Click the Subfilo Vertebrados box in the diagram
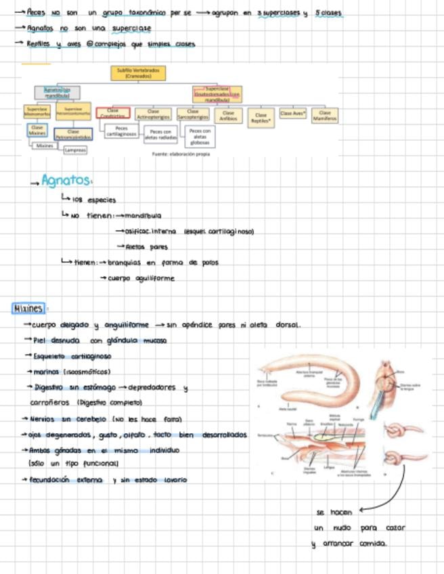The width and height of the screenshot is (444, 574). click(x=138, y=72)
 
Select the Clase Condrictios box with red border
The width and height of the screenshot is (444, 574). click(x=113, y=114)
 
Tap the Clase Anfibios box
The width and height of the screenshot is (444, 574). click(x=228, y=115)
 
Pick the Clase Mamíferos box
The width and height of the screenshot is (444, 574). click(x=325, y=116)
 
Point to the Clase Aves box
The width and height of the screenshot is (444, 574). click(x=292, y=114)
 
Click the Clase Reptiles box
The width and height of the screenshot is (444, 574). click(x=261, y=118)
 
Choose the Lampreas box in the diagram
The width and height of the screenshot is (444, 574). click(x=75, y=150)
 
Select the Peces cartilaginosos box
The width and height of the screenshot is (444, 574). click(x=122, y=131)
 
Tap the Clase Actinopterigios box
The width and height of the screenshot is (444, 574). click(x=153, y=113)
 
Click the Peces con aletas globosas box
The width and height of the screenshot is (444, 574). click(x=200, y=136)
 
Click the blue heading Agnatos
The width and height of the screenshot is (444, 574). click(x=66, y=181)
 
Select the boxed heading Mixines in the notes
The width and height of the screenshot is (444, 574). click(x=28, y=309)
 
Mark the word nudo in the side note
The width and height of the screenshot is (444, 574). click(x=342, y=528)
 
